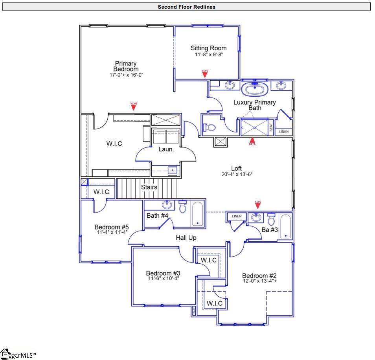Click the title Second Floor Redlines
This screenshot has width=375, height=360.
pos(187,7)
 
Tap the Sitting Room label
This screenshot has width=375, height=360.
pos(209,48)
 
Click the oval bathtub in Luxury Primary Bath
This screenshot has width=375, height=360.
pos(255,89)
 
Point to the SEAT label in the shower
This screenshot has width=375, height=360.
pos(271,127)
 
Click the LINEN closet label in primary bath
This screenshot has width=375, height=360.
pos(283,132)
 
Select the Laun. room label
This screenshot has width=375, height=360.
pos(166,149)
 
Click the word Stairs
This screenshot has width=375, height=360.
pos(149,187)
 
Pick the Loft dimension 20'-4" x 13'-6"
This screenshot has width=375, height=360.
pos(236,174)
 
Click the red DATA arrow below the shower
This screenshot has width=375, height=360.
pos(252,140)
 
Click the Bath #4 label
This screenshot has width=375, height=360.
pos(158,215)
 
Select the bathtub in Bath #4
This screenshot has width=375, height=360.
pos(197,214)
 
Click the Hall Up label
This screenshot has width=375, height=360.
pos(186,238)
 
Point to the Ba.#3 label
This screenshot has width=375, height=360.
pos(270,230)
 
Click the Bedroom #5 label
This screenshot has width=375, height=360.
pos(112,227)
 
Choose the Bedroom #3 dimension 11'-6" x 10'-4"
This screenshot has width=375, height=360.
pos(163,279)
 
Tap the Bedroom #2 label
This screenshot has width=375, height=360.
pos(259,276)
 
